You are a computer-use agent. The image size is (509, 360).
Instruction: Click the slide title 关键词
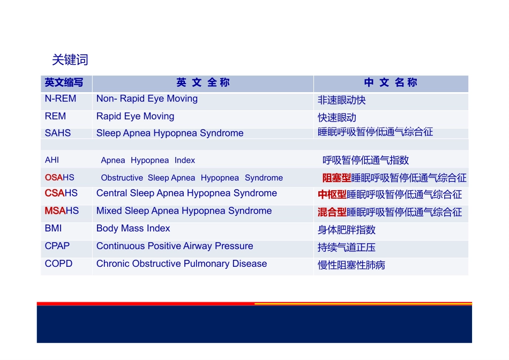click(70, 60)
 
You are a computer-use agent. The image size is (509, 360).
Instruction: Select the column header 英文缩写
click(64, 83)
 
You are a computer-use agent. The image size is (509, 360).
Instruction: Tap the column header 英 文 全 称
click(203, 83)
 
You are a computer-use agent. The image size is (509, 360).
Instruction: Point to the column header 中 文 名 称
click(390, 83)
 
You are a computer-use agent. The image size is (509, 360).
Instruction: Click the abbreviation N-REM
click(61, 99)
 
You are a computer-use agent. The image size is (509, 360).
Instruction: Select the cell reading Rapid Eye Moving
click(135, 116)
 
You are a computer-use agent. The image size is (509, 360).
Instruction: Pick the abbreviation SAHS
click(58, 133)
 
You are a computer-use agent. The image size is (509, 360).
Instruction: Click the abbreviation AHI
click(52, 160)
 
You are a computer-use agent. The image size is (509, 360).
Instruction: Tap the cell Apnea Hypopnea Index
click(148, 160)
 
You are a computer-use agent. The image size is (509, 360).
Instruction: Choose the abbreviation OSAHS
click(59, 177)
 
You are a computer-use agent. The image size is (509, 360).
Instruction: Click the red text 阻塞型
click(336, 178)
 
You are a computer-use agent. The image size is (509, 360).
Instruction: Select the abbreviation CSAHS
click(61, 193)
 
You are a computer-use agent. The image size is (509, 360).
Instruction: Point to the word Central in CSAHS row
click(111, 193)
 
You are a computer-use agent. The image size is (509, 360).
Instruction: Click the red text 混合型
click(332, 213)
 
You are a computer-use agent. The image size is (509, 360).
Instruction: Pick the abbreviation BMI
click(53, 229)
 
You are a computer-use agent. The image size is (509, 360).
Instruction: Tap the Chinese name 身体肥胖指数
click(347, 230)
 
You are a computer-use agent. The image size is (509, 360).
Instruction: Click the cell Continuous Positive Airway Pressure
click(175, 246)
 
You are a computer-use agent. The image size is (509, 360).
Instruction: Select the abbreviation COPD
click(58, 264)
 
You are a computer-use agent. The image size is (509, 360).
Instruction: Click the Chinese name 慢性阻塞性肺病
click(351, 265)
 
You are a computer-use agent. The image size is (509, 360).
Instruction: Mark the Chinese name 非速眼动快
click(342, 100)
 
